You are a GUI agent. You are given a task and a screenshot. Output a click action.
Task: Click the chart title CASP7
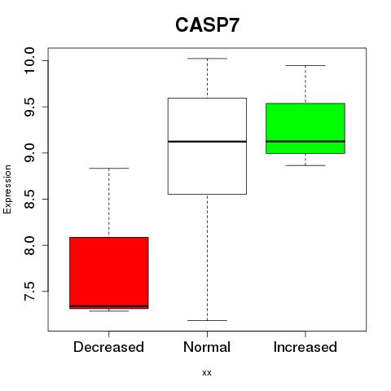[x=207, y=25]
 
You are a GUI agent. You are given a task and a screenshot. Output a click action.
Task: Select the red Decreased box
[x=109, y=273]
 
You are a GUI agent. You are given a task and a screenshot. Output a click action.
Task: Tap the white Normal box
[x=207, y=146]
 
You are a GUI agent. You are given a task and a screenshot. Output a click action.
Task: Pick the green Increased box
[x=305, y=129]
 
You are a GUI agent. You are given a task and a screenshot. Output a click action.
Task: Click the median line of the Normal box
[x=207, y=142]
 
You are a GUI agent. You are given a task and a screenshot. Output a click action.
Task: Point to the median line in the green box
[x=305, y=141]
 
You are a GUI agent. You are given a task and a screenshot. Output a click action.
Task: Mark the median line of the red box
[x=109, y=306]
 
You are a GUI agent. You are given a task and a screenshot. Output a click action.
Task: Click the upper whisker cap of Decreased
[x=109, y=169]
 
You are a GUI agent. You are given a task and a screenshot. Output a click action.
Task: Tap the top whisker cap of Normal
[x=207, y=59]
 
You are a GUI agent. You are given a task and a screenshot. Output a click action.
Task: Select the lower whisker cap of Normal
[x=207, y=320]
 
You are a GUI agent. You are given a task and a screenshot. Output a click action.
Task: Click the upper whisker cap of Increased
[x=305, y=65]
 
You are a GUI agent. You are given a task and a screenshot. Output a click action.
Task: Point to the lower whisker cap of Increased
[x=305, y=165]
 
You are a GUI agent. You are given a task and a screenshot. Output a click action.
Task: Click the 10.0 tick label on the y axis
[x=29, y=60]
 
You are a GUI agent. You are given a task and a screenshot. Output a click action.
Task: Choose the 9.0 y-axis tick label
[x=29, y=153]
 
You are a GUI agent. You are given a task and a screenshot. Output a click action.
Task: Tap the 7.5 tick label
[x=29, y=292]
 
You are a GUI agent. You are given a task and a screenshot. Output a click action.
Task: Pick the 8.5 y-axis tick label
[x=29, y=199]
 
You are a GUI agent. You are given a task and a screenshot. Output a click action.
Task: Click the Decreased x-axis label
[x=108, y=347]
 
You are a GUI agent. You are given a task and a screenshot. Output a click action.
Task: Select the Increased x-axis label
[x=305, y=347]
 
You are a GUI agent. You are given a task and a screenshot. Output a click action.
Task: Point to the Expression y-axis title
[x=7, y=189]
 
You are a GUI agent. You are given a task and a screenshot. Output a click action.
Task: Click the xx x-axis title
[x=207, y=373]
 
